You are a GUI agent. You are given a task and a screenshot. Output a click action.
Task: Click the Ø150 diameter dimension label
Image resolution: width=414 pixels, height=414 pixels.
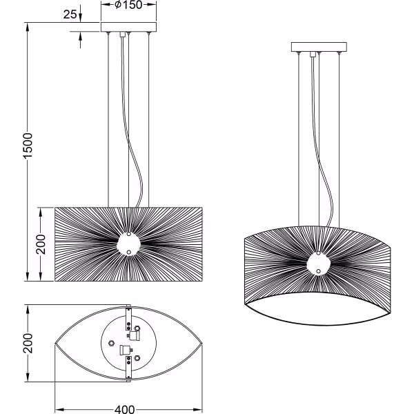(x=128, y=6)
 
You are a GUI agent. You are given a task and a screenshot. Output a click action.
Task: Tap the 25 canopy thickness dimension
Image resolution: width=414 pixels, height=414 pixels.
(x=70, y=14)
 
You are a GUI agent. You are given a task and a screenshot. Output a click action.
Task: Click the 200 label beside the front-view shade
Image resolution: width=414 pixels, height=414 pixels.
(x=41, y=244)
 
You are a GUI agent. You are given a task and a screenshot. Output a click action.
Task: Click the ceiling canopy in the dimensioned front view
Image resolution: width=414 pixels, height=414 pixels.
(x=128, y=28)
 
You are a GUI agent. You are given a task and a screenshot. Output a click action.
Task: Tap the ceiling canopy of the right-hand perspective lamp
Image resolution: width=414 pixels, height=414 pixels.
(x=317, y=48)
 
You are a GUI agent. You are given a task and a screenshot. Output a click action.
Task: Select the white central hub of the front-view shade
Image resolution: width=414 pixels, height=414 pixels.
(x=128, y=243)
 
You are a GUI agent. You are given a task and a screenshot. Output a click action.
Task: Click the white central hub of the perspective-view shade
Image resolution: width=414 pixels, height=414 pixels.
(x=317, y=264)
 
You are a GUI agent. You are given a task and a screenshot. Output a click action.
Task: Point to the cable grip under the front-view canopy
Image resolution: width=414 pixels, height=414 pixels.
(x=128, y=34)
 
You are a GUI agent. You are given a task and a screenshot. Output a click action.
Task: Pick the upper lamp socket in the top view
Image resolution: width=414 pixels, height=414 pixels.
(x=135, y=335)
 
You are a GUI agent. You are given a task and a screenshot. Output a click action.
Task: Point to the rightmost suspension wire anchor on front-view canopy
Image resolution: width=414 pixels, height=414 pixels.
(x=148, y=32)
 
